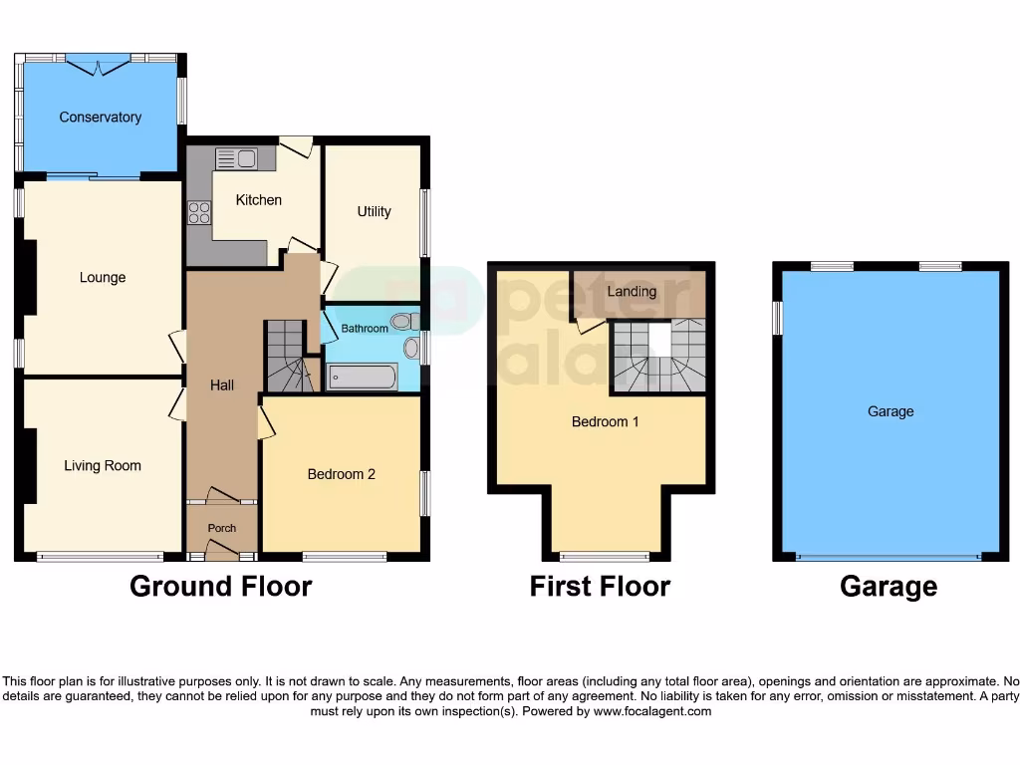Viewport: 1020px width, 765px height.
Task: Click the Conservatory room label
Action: click(x=100, y=118)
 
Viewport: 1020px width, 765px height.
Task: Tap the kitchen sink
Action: click(x=236, y=158)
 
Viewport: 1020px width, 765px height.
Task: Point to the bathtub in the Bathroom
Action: click(x=363, y=377)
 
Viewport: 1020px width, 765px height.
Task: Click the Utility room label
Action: click(x=374, y=211)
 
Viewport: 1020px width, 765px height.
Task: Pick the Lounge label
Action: click(x=103, y=277)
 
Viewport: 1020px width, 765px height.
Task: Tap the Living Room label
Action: click(x=103, y=465)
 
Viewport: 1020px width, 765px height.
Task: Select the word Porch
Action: click(x=221, y=528)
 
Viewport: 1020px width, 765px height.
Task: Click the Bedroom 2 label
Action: click(x=341, y=474)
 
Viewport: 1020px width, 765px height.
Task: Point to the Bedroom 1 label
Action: click(x=605, y=421)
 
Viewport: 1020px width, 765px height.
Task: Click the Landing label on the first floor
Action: click(x=632, y=291)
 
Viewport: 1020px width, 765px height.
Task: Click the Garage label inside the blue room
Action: click(x=890, y=411)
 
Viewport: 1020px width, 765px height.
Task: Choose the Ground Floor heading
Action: click(x=220, y=587)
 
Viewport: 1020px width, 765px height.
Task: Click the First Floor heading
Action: click(x=600, y=587)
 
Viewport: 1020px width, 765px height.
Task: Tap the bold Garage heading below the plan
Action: click(x=888, y=587)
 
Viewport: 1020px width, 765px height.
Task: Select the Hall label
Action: click(x=221, y=384)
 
